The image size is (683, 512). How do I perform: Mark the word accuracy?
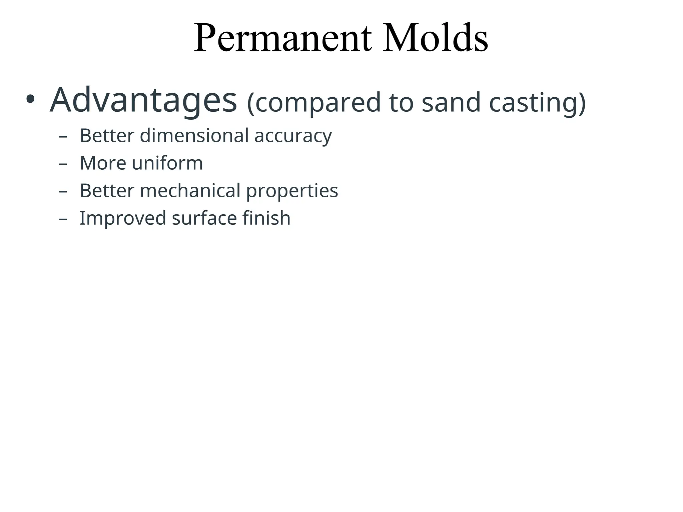click(x=293, y=136)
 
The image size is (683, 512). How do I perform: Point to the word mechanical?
click(x=190, y=191)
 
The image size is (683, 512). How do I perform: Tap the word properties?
click(x=292, y=191)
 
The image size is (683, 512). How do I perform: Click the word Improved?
click(x=122, y=219)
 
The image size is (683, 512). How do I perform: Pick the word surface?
click(x=204, y=218)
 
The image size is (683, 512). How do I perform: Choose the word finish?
click(x=266, y=218)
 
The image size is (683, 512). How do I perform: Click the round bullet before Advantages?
click(x=30, y=99)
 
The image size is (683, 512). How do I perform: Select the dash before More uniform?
click(x=62, y=164)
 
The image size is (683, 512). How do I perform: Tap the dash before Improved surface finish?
click(x=62, y=219)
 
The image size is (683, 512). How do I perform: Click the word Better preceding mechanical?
click(x=107, y=191)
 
